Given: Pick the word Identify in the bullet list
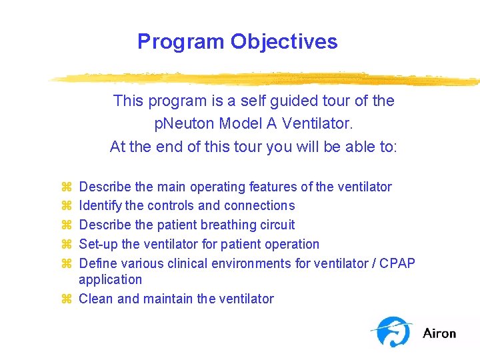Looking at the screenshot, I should pyautogui.click(x=100, y=206).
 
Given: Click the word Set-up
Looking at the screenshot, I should pyautogui.click(x=99, y=245).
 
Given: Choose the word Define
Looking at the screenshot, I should pyautogui.click(x=98, y=264).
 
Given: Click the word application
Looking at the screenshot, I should pyautogui.click(x=110, y=280).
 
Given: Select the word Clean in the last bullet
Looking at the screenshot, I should pyautogui.click(x=96, y=299).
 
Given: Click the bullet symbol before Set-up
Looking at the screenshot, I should pyautogui.click(x=65, y=245).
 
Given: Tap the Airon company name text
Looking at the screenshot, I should pyautogui.click(x=439, y=333).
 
